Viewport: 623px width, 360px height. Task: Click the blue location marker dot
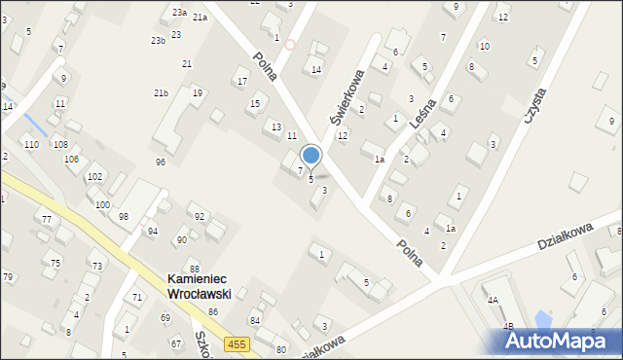coord(311,155)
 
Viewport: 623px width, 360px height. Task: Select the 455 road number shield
coord(237,343)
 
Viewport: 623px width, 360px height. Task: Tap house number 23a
coord(179,12)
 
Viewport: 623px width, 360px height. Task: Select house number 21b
coord(162,92)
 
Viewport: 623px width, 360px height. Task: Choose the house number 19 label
coord(198,93)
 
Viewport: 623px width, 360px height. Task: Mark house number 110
coord(32,144)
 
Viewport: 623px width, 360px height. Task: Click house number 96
coord(161,162)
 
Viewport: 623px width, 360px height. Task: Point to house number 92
coord(200,216)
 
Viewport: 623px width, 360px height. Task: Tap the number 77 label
coord(46,220)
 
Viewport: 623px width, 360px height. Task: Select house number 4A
coord(493,301)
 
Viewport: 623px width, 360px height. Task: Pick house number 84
coord(255,320)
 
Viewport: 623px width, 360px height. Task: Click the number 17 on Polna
coord(241,81)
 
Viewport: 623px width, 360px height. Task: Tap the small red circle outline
coord(289,45)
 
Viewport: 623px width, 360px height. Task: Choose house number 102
coord(93,176)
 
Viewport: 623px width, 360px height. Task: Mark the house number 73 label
coord(96,266)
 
